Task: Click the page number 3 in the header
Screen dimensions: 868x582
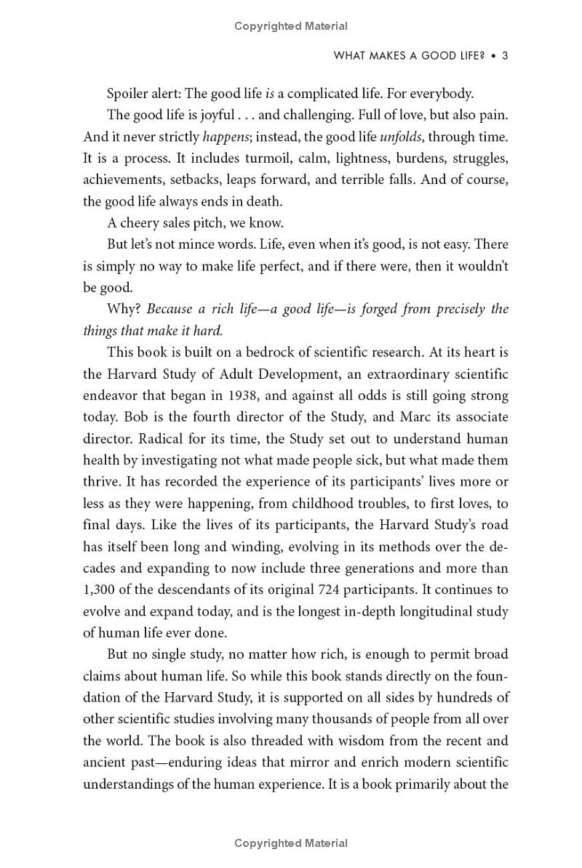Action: [504, 56]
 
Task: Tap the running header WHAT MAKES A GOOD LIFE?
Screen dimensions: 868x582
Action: [409, 56]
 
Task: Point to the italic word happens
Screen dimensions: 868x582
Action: [226, 137]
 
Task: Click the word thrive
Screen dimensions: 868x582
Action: [101, 481]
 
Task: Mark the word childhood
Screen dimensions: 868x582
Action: [340, 503]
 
